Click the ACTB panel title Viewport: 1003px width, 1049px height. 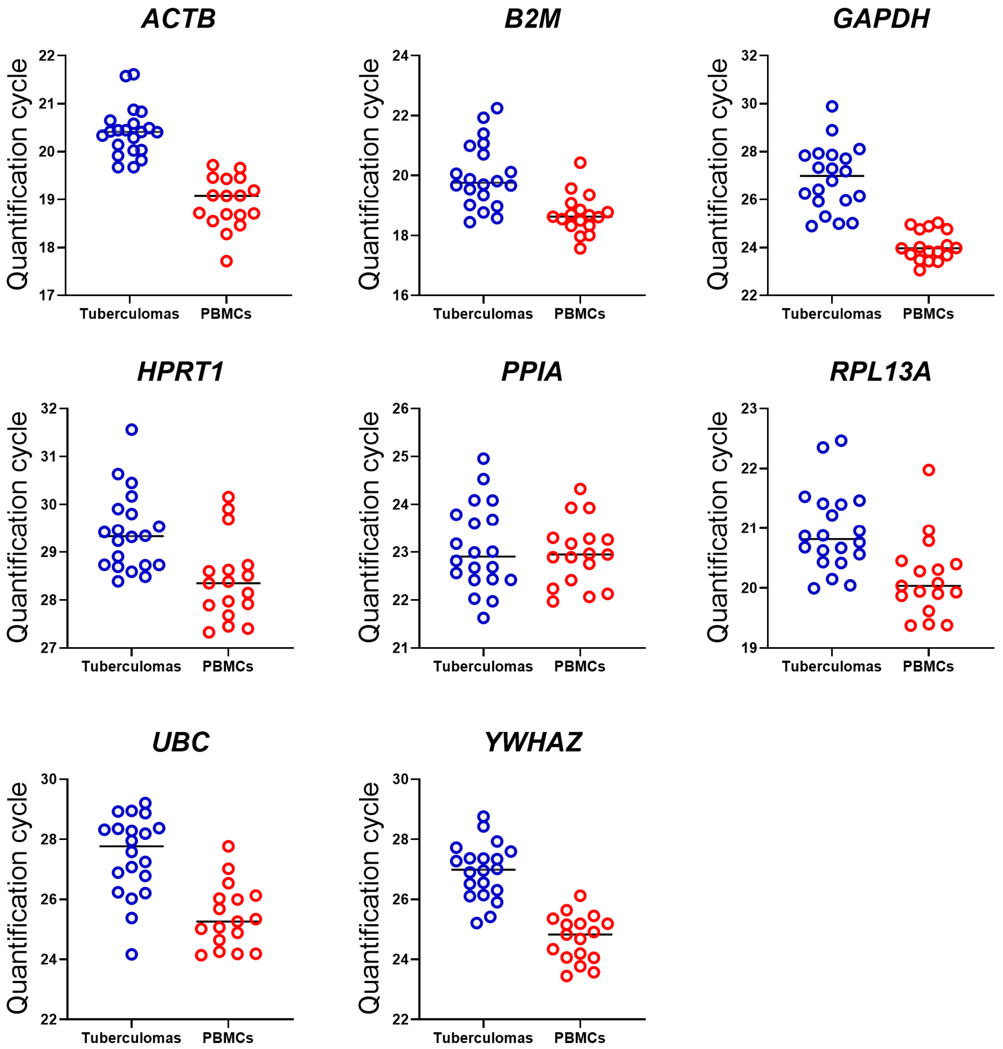[179, 19]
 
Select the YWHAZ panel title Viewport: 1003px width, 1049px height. [533, 742]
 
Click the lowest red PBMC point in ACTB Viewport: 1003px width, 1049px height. [227, 261]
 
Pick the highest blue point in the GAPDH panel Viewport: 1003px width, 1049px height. [832, 106]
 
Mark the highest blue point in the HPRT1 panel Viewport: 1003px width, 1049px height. [132, 430]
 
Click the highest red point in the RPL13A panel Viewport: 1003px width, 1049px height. [929, 470]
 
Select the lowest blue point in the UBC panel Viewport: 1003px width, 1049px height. [132, 954]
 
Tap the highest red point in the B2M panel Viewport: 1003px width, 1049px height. [580, 163]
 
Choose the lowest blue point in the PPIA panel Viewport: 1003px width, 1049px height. [483, 618]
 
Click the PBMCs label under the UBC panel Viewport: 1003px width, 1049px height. [228, 1038]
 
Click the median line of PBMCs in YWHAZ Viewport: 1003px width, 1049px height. [580, 934]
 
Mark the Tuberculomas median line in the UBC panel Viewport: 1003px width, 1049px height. [132, 846]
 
